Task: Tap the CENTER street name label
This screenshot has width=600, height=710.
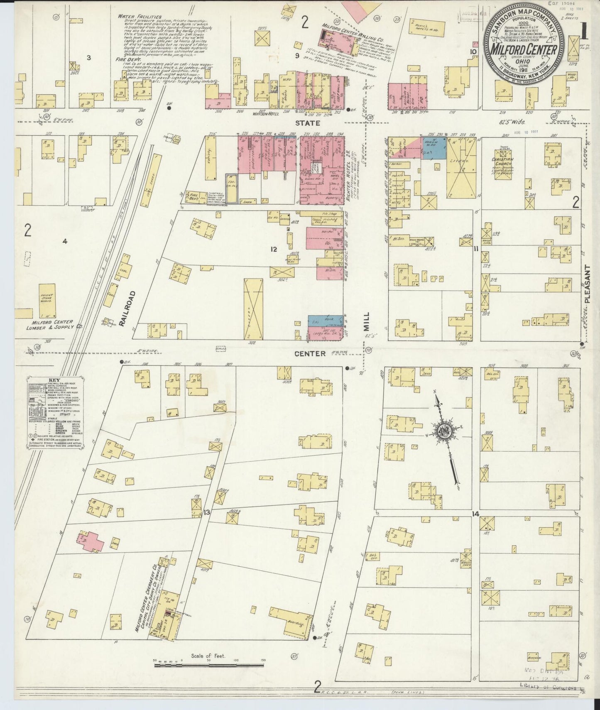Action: click(x=310, y=353)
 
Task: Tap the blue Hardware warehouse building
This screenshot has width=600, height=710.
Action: click(x=434, y=148)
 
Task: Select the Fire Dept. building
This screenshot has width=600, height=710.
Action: click(x=192, y=195)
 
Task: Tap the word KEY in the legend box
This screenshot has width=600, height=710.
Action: click(x=54, y=379)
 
